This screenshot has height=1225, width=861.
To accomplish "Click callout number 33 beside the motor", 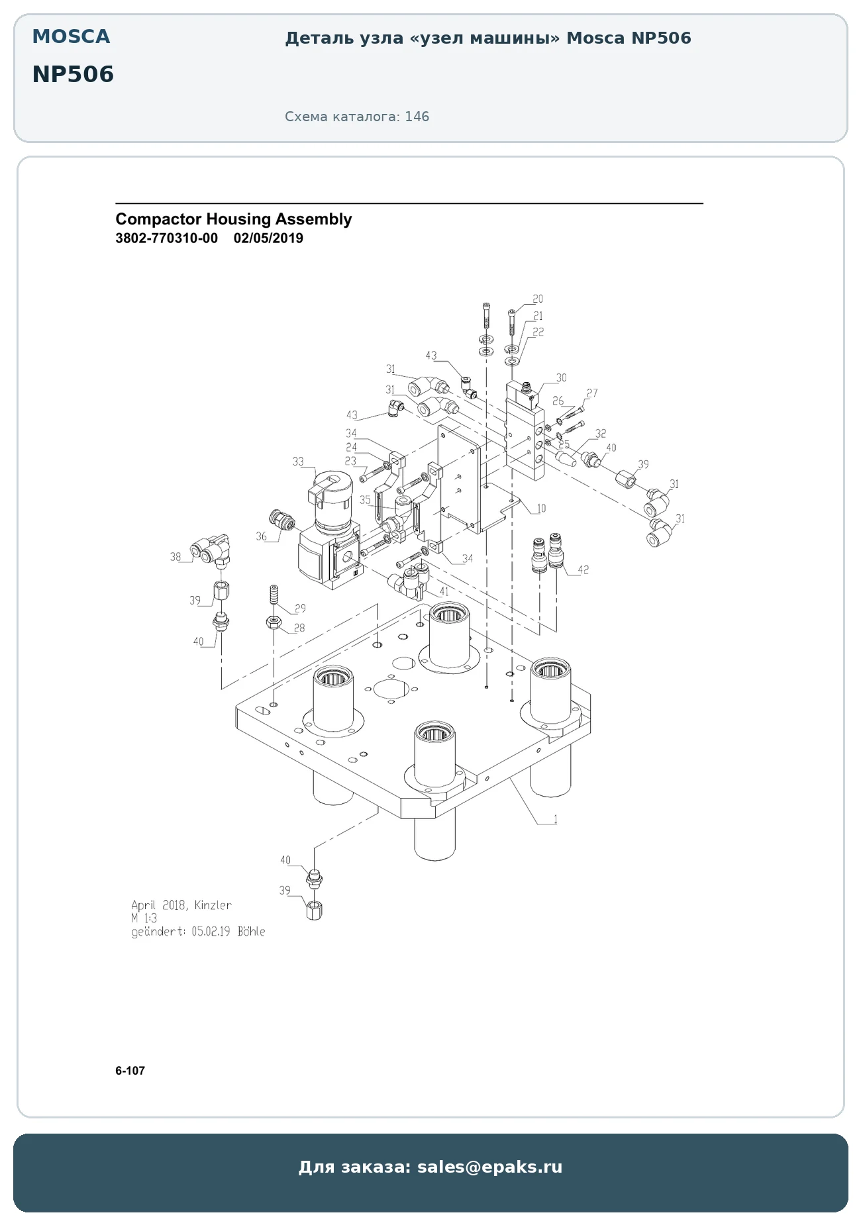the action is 298,462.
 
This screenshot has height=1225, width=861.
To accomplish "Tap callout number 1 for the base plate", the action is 555,820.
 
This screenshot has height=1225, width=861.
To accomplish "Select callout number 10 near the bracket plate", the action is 541,509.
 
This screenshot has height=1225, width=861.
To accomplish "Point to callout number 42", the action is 583,569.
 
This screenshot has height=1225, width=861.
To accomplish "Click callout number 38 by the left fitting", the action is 176,557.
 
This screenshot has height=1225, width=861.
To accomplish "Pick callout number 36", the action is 262,536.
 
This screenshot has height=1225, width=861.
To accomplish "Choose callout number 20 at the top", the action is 538,299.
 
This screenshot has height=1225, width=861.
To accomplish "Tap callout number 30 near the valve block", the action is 561,378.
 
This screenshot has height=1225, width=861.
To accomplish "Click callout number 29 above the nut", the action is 300,609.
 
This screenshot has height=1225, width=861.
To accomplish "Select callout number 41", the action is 444,591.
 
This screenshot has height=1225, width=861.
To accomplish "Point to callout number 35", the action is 365,500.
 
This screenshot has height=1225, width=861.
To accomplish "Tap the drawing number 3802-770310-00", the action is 166,238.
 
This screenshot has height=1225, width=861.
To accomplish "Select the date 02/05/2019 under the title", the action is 268,238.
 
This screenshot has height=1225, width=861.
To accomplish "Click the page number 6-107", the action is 130,1071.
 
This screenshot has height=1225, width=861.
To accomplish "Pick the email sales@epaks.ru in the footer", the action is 489,1167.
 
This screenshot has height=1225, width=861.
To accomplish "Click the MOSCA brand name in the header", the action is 72,36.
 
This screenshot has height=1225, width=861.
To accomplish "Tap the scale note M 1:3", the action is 144,918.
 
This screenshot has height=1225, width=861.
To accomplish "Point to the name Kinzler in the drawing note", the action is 213,905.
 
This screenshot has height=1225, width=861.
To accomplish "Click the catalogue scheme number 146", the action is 417,117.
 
